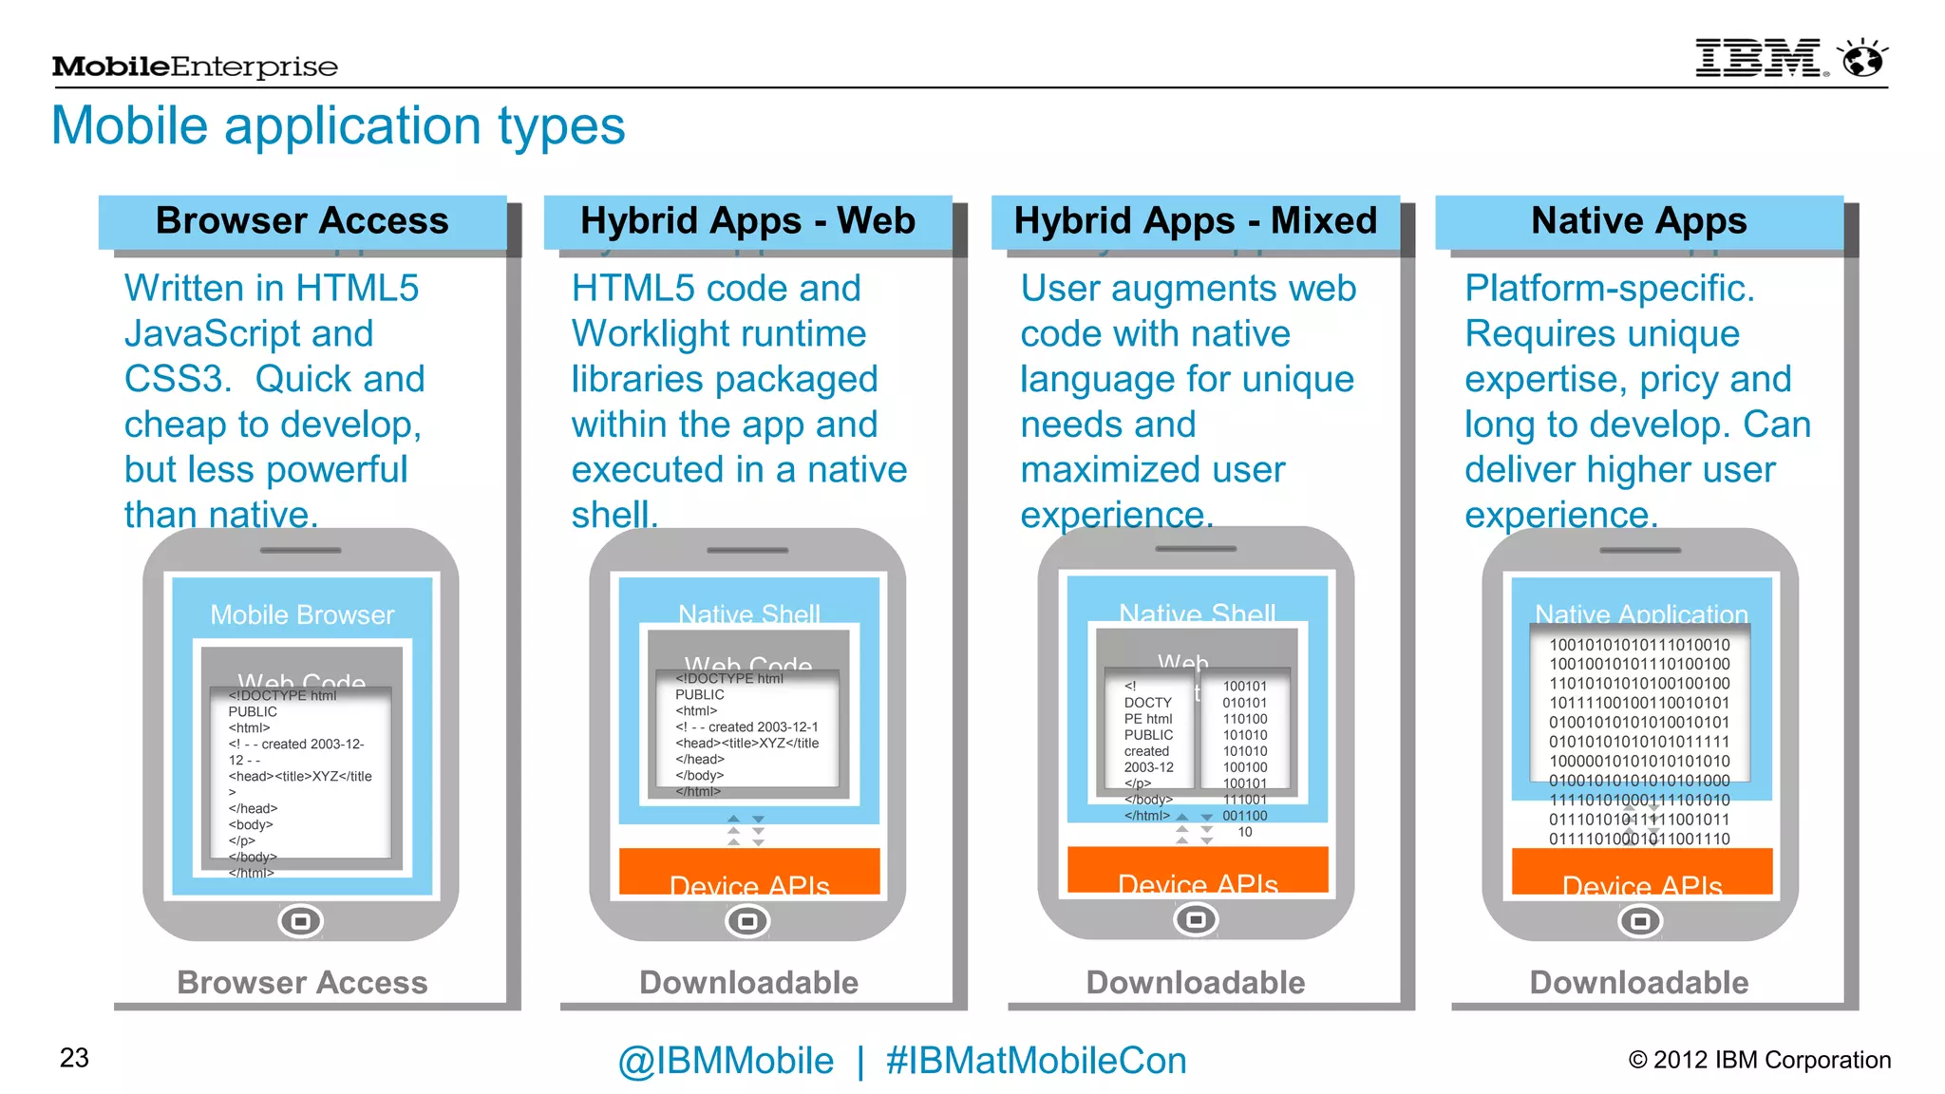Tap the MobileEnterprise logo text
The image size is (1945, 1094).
click(195, 66)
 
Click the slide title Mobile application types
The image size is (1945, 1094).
click(338, 125)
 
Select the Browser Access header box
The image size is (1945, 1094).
click(302, 221)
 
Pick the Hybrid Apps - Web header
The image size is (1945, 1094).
click(747, 221)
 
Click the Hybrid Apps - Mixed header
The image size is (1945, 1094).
click(1195, 221)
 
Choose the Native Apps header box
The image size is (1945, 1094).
click(1638, 221)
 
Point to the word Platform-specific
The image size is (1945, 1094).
click(1609, 289)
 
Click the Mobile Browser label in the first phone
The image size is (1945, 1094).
click(302, 615)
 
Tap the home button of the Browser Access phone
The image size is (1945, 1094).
click(301, 921)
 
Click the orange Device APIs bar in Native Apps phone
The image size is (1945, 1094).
click(1641, 873)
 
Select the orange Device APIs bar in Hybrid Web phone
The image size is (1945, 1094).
click(749, 873)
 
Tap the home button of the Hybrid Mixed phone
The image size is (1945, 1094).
click(1196, 919)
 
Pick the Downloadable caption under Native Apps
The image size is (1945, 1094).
click(1638, 983)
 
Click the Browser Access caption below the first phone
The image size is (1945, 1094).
click(302, 983)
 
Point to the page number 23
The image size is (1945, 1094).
click(74, 1058)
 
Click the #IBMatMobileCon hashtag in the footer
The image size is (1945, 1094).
click(1035, 1061)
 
